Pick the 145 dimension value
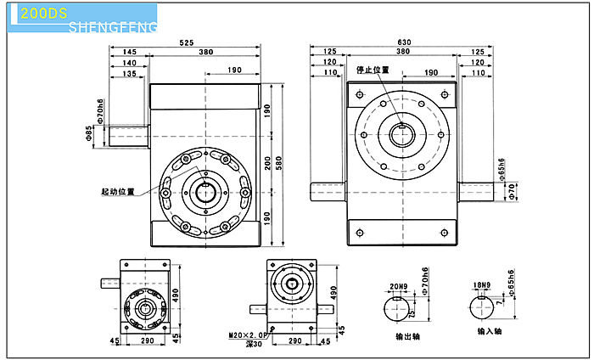click(x=129, y=53)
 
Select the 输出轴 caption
click(x=407, y=336)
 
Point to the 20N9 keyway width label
click(x=399, y=286)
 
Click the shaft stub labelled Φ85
click(x=128, y=133)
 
